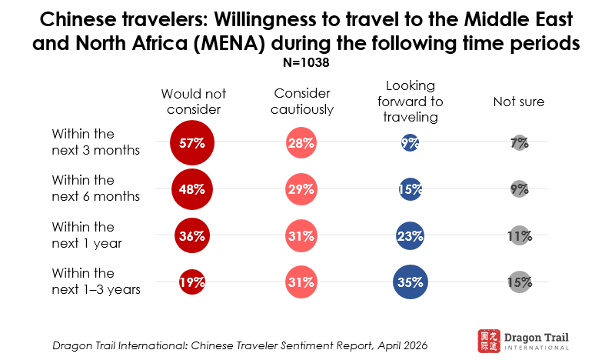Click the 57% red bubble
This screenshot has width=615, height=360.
(x=192, y=142)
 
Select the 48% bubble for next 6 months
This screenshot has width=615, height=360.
(x=192, y=189)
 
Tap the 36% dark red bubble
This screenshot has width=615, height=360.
(x=192, y=235)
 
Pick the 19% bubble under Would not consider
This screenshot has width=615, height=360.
(x=192, y=282)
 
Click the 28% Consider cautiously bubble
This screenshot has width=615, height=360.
(x=302, y=142)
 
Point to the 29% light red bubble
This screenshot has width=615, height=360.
(x=302, y=189)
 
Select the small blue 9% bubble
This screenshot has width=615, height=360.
(x=411, y=142)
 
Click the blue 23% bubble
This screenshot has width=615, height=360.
(x=411, y=235)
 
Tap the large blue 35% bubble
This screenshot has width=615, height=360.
(x=411, y=282)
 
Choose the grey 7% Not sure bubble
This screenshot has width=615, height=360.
(x=519, y=142)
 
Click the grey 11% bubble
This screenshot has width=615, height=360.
(x=519, y=235)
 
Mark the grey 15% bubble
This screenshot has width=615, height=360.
(x=519, y=282)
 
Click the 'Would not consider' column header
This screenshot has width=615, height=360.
(x=193, y=102)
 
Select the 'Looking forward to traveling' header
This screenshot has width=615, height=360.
(x=411, y=102)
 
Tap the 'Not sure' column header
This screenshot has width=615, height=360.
(x=518, y=102)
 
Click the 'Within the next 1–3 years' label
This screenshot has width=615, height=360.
(x=95, y=281)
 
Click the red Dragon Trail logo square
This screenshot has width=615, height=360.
(x=487, y=338)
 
